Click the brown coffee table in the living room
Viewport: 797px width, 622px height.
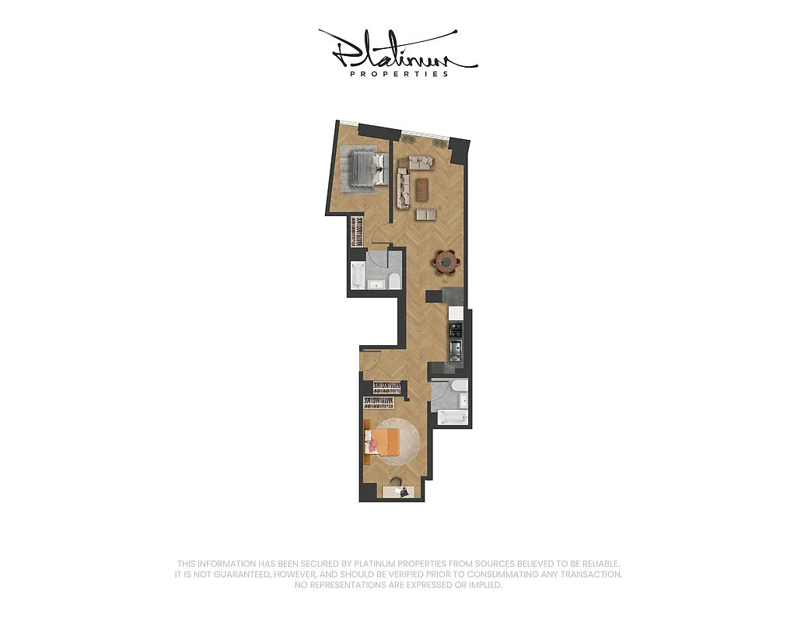coord(421,189)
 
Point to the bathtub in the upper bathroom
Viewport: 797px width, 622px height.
coord(358,274)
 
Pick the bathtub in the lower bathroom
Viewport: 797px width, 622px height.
coord(452,418)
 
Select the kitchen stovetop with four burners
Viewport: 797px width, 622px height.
coord(455,330)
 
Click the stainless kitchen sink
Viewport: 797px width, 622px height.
coord(456,348)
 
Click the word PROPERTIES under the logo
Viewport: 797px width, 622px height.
coord(399,75)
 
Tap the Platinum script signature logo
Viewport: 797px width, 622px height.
coord(397,50)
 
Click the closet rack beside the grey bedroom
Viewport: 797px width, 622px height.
coord(356,232)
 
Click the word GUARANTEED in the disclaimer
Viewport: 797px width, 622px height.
coord(252,575)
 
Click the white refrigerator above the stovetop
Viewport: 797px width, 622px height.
coord(456,313)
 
